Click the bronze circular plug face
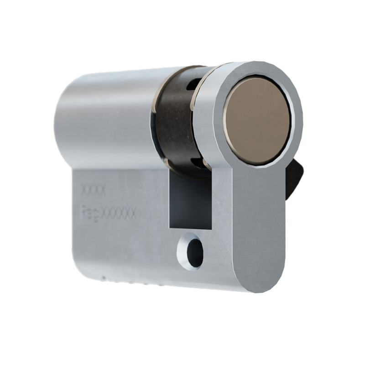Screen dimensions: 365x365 pyautogui.click(x=256, y=120)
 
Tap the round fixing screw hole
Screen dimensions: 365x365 pyautogui.click(x=194, y=253)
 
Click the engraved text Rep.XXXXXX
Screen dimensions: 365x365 pyautogui.click(x=108, y=213)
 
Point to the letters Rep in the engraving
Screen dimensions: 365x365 pyautogui.click(x=89, y=213)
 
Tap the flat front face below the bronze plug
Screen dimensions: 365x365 pyautogui.click(x=258, y=219)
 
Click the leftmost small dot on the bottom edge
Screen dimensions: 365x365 pyautogui.click(x=104, y=277)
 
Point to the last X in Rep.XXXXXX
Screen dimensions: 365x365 pyautogui.click(x=132, y=214)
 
